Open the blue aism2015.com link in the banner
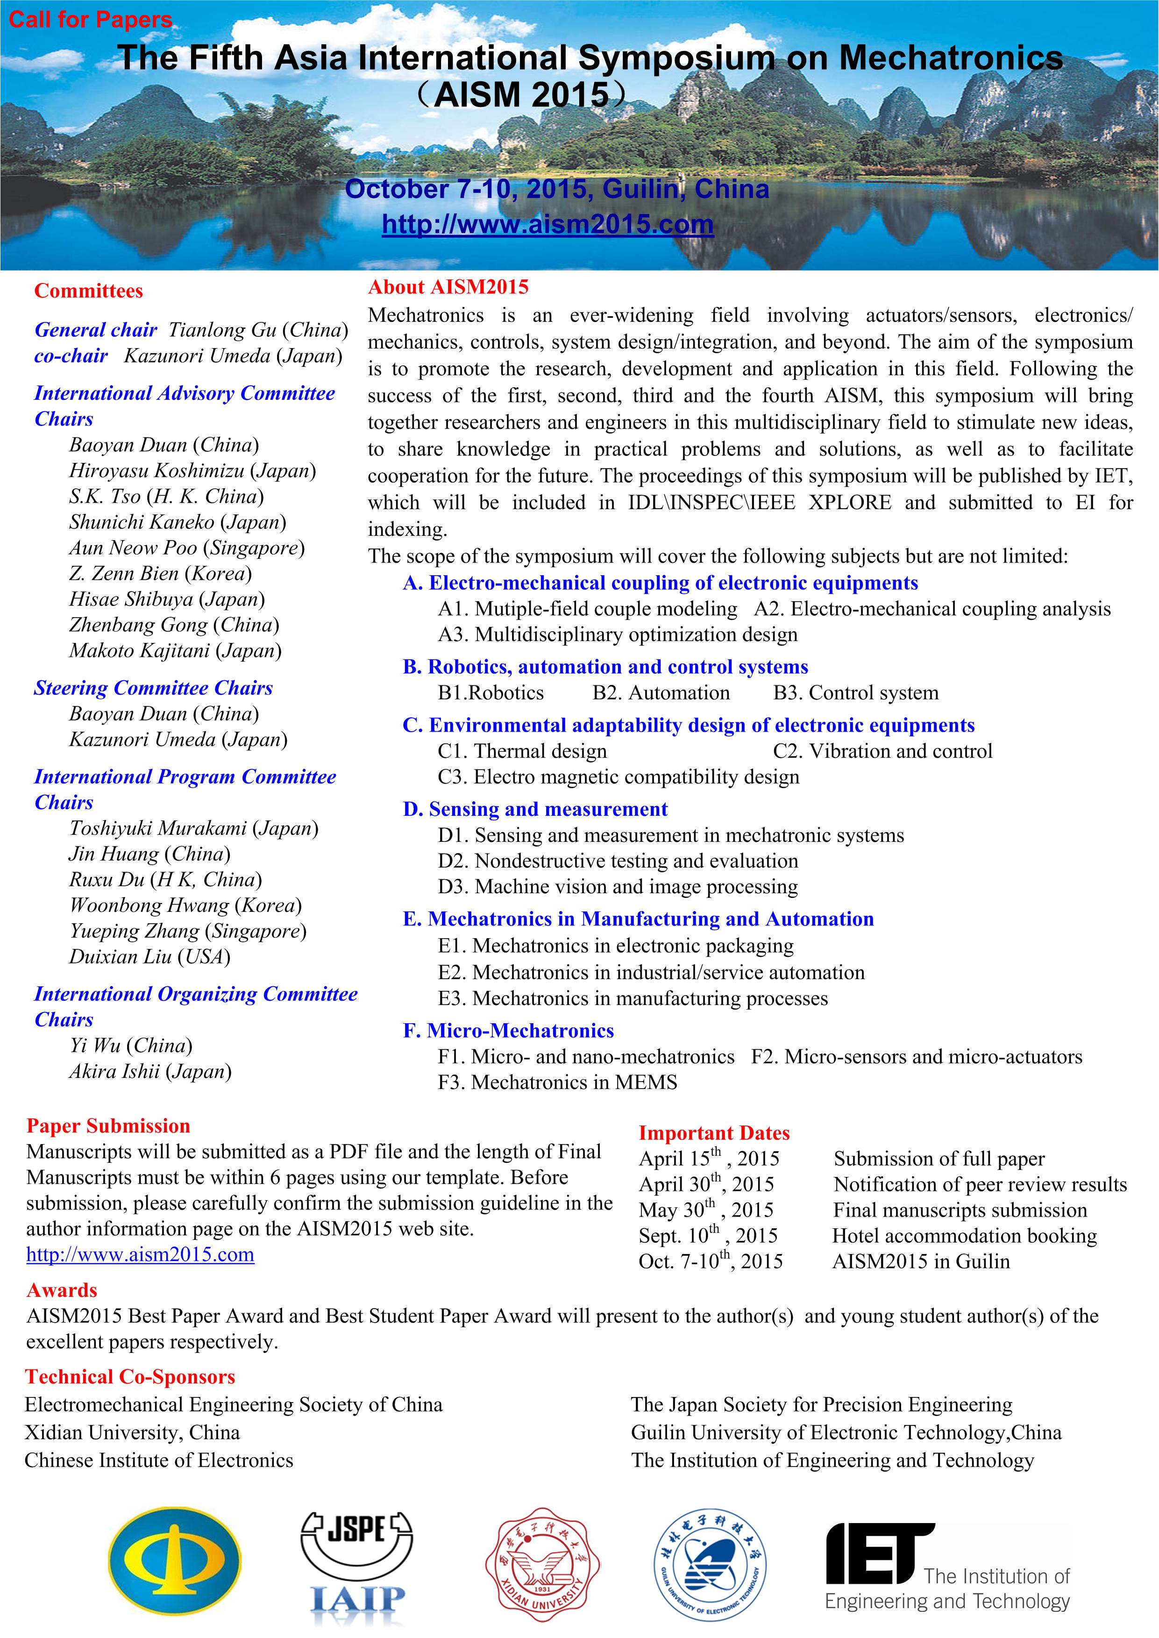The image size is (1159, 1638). tap(548, 224)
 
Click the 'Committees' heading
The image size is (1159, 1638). tap(88, 291)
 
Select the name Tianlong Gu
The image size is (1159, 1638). tap(221, 330)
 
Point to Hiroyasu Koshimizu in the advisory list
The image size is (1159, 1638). tap(192, 470)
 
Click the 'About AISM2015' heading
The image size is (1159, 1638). tap(448, 287)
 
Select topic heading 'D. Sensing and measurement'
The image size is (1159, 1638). tap(535, 809)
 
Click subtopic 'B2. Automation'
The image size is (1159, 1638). tap(661, 692)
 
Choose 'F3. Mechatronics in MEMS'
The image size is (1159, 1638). tap(557, 1082)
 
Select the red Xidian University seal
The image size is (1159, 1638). tap(542, 1572)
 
